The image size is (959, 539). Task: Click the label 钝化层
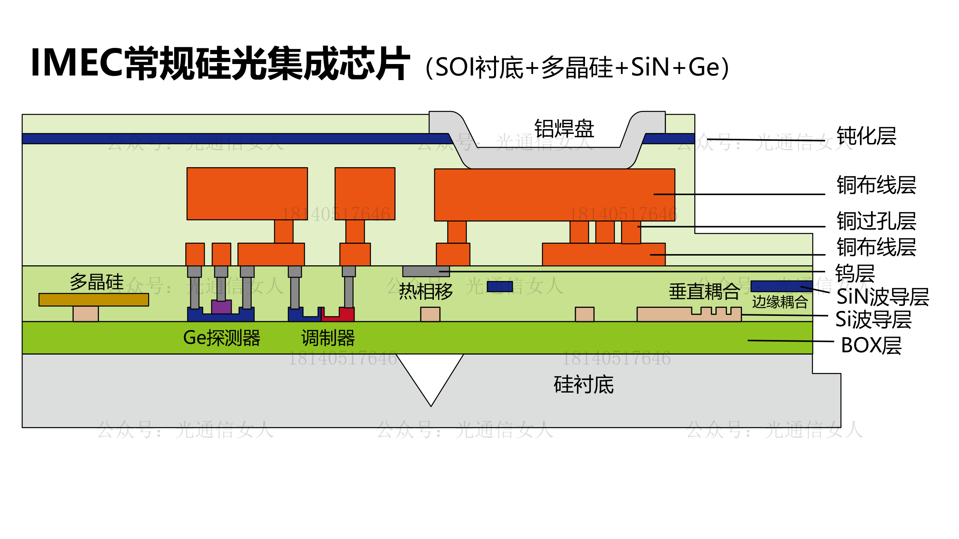click(x=866, y=136)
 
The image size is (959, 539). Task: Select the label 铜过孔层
click(x=876, y=221)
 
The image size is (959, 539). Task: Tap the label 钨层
click(x=855, y=273)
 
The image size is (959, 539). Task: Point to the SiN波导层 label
click(x=882, y=297)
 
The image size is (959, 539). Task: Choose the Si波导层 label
click(x=873, y=319)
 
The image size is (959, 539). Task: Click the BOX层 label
click(x=871, y=345)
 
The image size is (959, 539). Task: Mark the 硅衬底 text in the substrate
click(x=583, y=385)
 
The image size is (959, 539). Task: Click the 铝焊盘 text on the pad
click(x=564, y=129)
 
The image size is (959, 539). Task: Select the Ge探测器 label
click(x=222, y=338)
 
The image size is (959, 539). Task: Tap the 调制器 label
click(x=328, y=338)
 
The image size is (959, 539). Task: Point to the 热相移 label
click(x=426, y=291)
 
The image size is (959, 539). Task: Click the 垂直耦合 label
click(x=704, y=291)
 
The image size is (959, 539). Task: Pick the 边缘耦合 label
click(x=780, y=302)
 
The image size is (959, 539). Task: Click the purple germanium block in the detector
click(x=221, y=307)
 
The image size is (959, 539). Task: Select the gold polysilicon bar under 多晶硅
click(x=94, y=300)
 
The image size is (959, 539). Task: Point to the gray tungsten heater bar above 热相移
click(x=426, y=271)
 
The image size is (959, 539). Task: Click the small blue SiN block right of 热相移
click(x=499, y=287)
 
